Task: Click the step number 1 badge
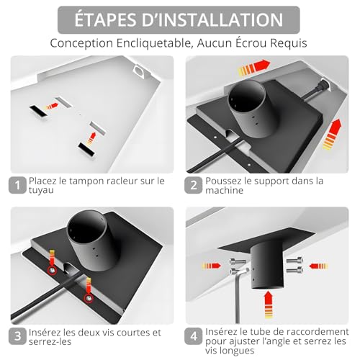[x=17, y=185]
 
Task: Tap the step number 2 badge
[x=193, y=185]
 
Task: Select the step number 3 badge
[x=17, y=336]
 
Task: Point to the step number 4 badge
[x=193, y=336]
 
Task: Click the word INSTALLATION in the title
[x=212, y=19]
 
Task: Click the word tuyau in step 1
[x=41, y=190]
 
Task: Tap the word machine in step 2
[x=225, y=190]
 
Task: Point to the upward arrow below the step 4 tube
[x=269, y=305]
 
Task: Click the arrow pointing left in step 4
[x=318, y=266]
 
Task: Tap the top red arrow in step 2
[x=254, y=67]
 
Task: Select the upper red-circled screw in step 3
[x=52, y=271]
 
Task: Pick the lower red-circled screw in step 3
[x=89, y=298]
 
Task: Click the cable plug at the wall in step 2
[x=323, y=86]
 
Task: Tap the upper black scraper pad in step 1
[x=38, y=112]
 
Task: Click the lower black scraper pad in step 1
[x=87, y=149]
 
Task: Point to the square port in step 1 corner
[x=139, y=71]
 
